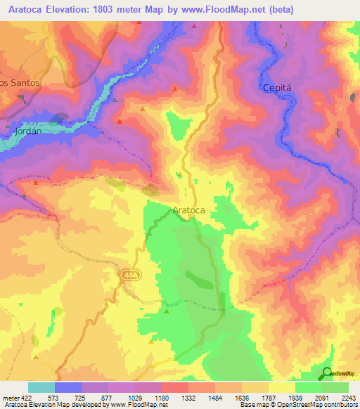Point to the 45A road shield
pyautogui.click(x=129, y=275)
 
